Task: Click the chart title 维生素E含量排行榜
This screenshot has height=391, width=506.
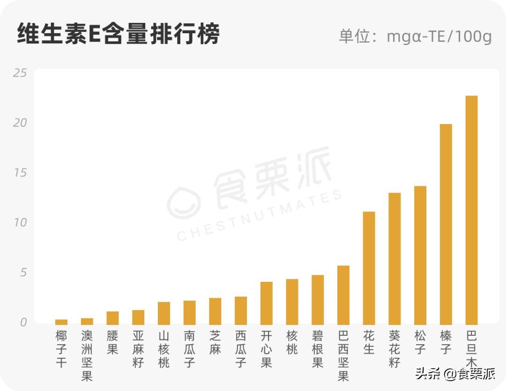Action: (118, 34)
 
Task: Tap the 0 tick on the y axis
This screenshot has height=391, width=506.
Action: (23, 322)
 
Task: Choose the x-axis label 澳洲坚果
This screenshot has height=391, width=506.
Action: (87, 355)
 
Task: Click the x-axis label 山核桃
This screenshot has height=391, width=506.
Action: (164, 349)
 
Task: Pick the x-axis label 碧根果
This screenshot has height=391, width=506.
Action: (317, 349)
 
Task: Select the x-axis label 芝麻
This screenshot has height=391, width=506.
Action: (215, 342)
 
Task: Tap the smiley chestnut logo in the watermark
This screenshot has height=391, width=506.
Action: (184, 203)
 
